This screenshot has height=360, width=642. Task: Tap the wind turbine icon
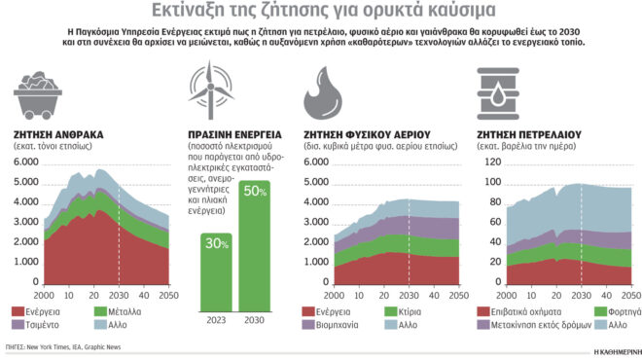208,89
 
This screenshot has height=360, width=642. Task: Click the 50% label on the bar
255,191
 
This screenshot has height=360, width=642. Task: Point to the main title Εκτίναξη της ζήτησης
321,13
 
